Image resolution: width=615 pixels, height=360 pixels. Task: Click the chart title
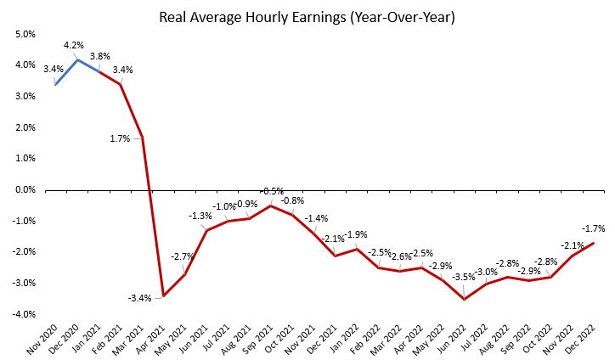pos(307,18)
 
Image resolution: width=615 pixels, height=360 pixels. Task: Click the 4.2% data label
pos(74,45)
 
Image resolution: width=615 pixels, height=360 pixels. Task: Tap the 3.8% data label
pos(100,56)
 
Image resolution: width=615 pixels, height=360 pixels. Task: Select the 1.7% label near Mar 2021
pos(120,138)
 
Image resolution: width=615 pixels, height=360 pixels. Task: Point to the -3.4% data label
pos(139,298)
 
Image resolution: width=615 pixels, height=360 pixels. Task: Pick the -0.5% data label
pos(272,191)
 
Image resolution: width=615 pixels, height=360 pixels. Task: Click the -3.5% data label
pos(464,278)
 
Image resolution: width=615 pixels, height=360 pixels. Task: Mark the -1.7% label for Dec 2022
pos(593,228)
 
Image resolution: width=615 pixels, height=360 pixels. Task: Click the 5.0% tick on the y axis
pos(25,35)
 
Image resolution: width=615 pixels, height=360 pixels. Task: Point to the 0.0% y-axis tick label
pos(25,190)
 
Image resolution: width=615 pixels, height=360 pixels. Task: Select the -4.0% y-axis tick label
pos(25,314)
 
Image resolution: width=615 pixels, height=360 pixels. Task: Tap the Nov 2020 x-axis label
pos(42,340)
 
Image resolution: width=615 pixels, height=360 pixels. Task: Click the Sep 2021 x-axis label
pos(257,340)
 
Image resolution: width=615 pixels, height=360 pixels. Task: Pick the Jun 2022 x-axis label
pos(450,340)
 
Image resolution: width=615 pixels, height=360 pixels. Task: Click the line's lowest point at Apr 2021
pos(163,295)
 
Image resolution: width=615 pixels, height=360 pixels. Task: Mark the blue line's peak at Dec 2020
pos(77,59)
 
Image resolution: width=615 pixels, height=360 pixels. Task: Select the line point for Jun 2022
pos(465,299)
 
